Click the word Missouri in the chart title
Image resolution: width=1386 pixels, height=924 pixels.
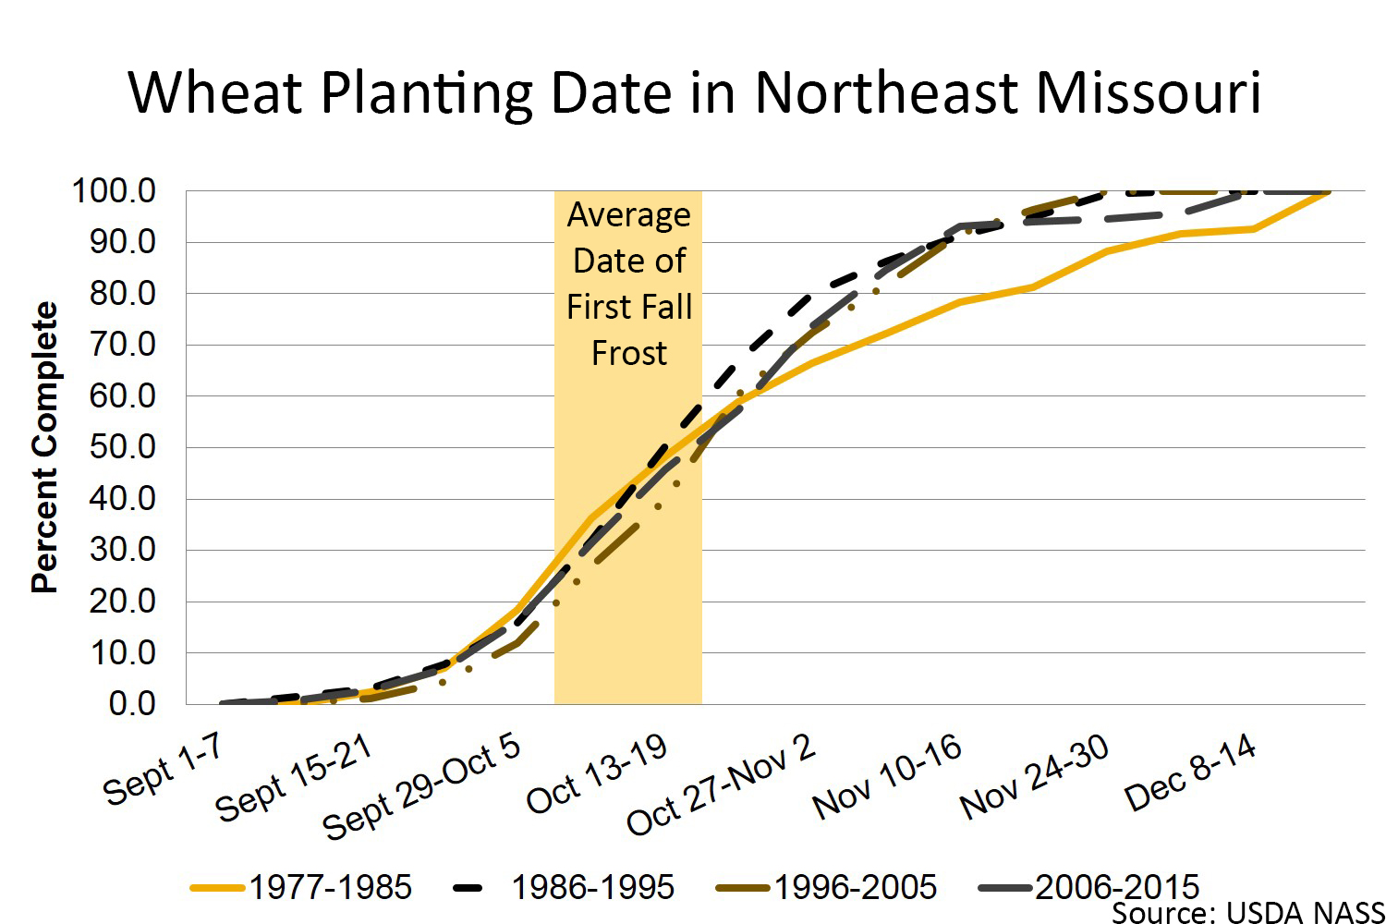[1147, 92]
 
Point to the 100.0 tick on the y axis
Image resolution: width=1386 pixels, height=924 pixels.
[115, 191]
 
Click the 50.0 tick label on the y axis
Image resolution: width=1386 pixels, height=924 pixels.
[122, 447]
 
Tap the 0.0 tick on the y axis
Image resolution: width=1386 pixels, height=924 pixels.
[131, 704]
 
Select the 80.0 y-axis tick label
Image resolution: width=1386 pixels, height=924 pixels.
[122, 294]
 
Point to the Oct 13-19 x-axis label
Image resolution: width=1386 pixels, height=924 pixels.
[597, 774]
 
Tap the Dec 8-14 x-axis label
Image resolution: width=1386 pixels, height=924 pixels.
[1190, 772]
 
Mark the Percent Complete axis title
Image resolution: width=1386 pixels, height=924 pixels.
[44, 447]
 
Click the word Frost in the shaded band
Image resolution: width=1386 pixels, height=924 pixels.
[629, 353]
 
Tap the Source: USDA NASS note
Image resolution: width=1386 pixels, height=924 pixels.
[1247, 912]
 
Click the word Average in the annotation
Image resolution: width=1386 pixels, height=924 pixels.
[629, 214]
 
